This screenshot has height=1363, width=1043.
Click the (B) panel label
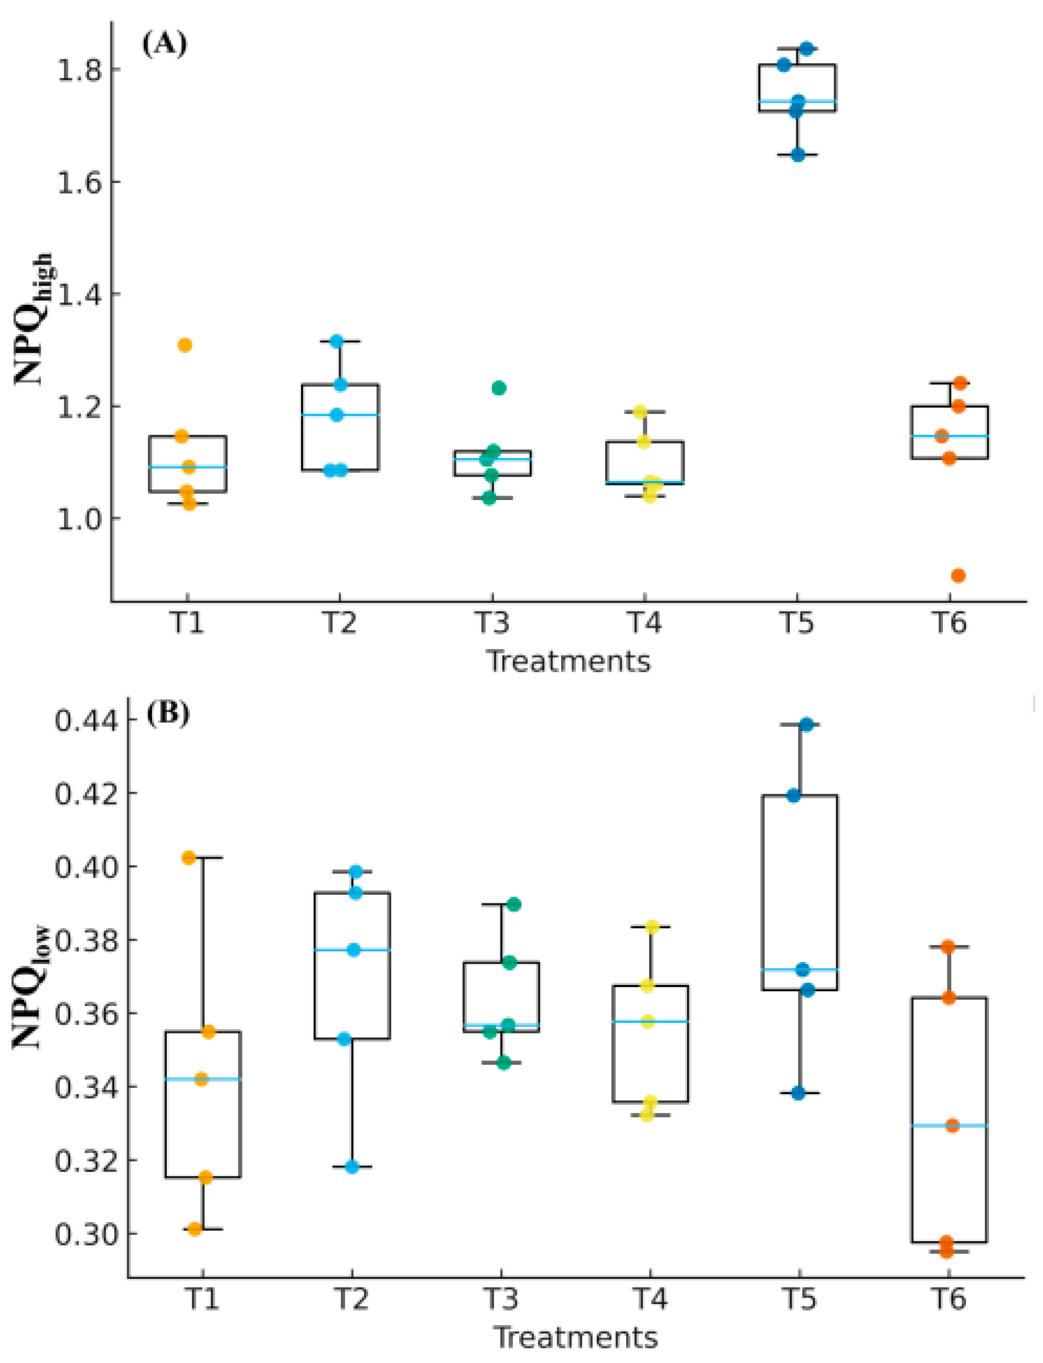168,714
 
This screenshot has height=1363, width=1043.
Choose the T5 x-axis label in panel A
798,622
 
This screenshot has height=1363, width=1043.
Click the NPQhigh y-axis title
34,320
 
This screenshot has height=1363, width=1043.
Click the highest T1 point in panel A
185,345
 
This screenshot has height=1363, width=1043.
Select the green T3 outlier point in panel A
499,388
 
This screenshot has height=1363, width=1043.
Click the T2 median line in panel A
340,414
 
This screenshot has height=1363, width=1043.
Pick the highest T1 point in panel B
189,858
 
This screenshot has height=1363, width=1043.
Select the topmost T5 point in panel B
806,724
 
